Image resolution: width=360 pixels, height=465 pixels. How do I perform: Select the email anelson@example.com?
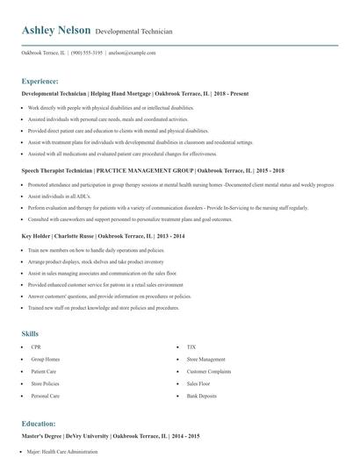(x=132, y=53)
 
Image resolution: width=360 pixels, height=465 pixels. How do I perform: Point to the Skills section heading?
(x=31, y=333)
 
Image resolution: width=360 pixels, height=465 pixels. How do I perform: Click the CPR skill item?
(x=36, y=347)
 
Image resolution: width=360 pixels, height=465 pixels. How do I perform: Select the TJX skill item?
(x=192, y=347)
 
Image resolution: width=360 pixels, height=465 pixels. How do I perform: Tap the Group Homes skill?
(x=45, y=360)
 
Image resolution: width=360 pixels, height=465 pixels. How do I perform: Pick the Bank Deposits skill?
(x=201, y=396)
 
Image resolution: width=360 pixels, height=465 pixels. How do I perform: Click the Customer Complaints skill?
(x=209, y=372)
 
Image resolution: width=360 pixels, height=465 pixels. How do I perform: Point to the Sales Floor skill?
(x=198, y=383)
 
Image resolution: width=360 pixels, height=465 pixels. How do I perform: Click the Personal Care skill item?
(x=45, y=396)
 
